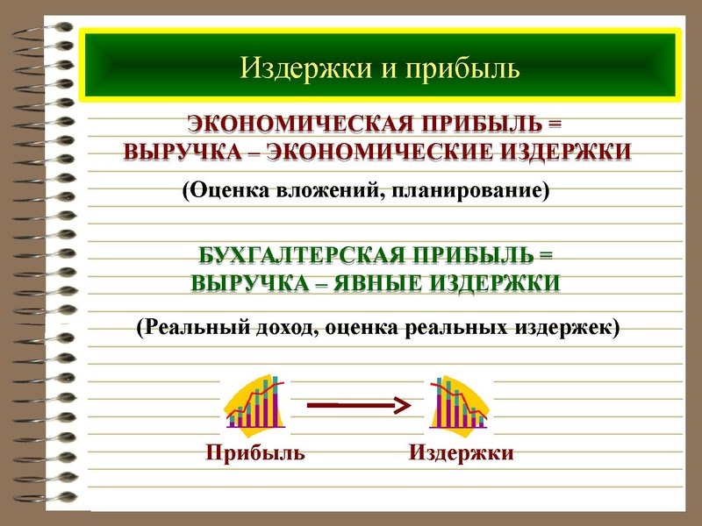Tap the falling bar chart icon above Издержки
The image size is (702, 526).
click(x=458, y=402)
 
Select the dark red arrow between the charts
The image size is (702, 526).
click(x=358, y=404)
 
